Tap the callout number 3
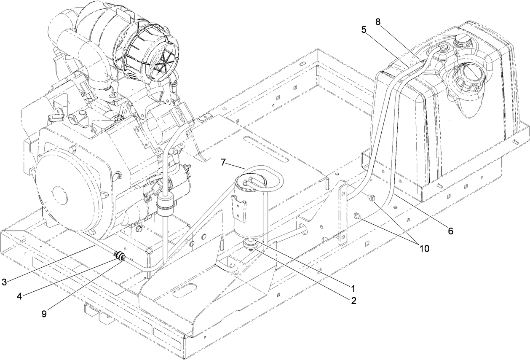coord(4,282)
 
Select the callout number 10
coord(424,248)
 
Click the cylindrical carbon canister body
coord(249,209)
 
